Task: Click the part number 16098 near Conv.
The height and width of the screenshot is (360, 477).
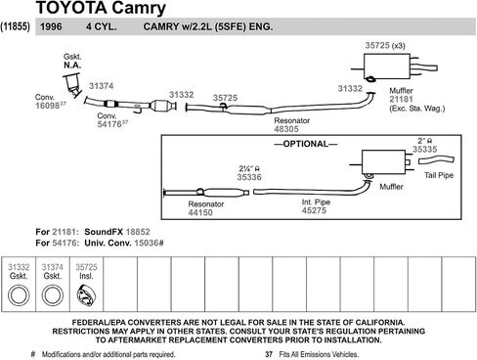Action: [x=47, y=106]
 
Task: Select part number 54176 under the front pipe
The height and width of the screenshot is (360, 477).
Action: [x=109, y=124]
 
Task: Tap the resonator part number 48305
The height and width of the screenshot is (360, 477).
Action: [x=286, y=129]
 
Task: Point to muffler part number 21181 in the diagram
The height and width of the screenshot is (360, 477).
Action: [x=401, y=100]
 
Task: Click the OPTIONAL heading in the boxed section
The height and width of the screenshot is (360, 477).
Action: [x=306, y=144]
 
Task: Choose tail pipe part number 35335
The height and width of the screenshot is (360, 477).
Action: [x=424, y=150]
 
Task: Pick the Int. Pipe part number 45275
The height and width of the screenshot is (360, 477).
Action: [x=314, y=210]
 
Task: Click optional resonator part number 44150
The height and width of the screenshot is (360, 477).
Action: [x=200, y=212]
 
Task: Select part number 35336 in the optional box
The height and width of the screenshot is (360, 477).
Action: [x=249, y=177]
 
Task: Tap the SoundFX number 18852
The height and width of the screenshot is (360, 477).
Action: [x=138, y=232]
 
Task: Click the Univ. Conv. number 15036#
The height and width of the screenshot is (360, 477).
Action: [x=149, y=243]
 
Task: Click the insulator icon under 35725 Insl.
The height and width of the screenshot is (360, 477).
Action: [x=86, y=295]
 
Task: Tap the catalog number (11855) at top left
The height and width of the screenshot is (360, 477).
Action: [x=16, y=26]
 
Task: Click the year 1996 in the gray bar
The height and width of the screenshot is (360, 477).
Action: [x=51, y=26]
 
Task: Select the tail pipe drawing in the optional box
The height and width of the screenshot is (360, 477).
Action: [x=436, y=160]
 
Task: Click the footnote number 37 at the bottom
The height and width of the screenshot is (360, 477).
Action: [x=269, y=354]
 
